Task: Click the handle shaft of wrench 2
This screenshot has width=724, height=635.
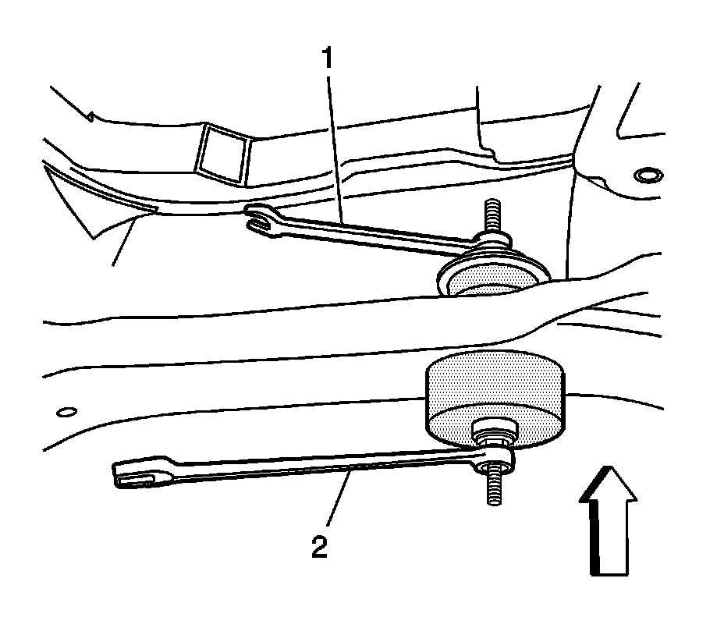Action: tap(312, 464)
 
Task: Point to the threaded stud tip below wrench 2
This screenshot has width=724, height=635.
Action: tap(494, 491)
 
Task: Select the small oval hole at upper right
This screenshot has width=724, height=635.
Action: tap(647, 175)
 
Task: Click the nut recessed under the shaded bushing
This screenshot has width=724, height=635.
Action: tap(493, 431)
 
